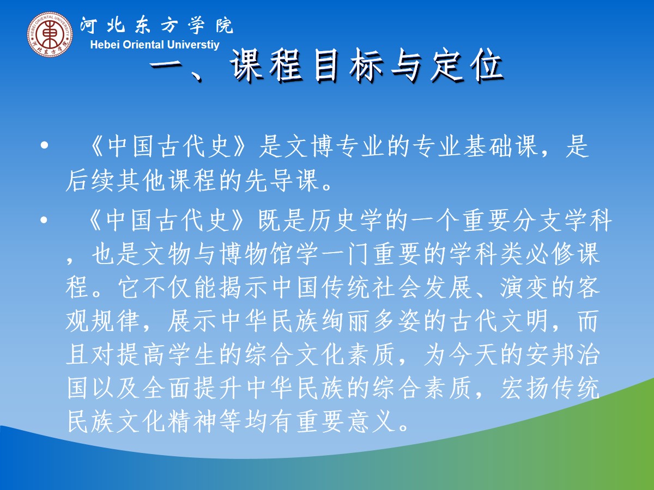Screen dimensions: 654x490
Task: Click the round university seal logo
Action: (50, 34)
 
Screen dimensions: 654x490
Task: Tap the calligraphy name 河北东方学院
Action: (157, 25)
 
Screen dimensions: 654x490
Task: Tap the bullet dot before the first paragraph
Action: (44, 145)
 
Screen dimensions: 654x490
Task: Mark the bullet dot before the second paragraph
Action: (44, 220)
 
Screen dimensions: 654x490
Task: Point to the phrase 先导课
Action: (282, 181)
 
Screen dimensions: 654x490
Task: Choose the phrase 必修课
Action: (563, 255)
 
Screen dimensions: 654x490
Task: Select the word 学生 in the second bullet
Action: (192, 355)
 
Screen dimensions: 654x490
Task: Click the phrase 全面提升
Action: (192, 389)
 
